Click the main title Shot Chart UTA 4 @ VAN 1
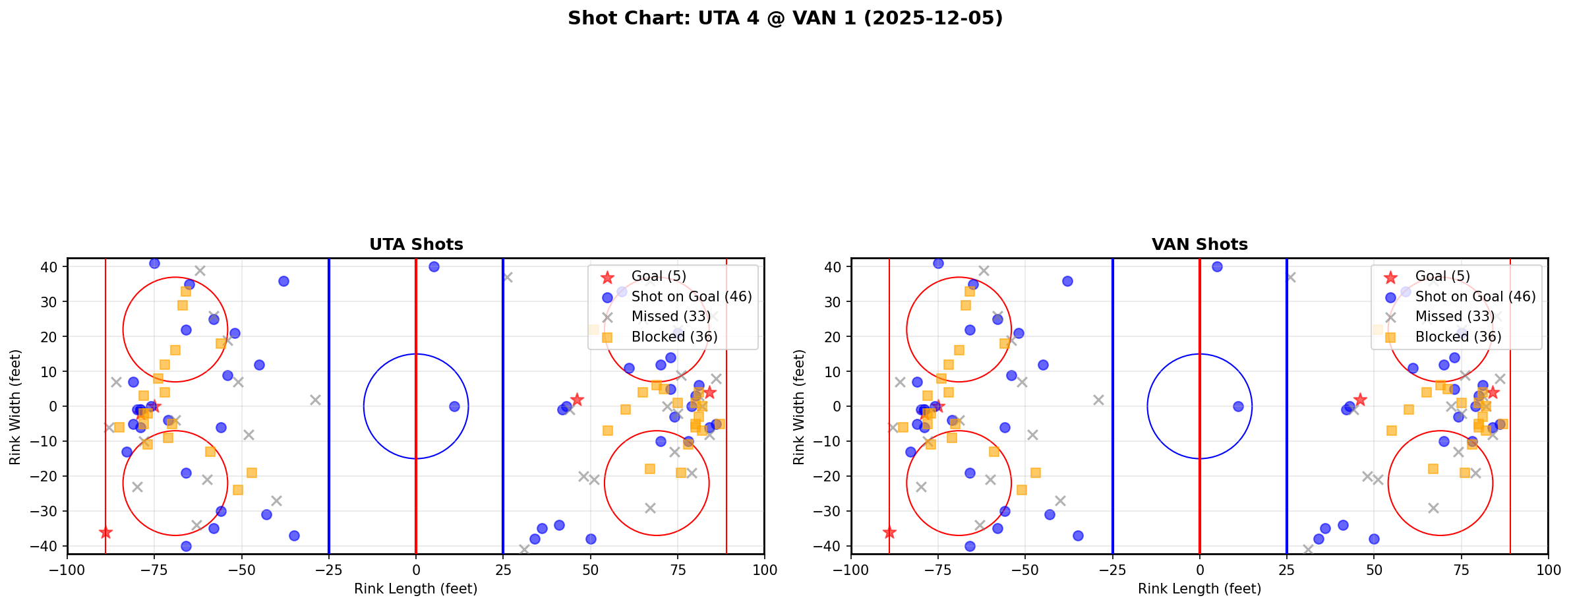pyautogui.click(x=785, y=18)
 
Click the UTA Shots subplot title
pyautogui.click(x=416, y=245)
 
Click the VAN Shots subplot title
pyautogui.click(x=1199, y=245)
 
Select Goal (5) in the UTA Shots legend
pyautogui.click(x=659, y=276)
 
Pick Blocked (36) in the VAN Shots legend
pyautogui.click(x=1458, y=337)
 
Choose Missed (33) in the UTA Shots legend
pyautogui.click(x=670, y=317)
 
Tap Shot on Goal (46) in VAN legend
pyautogui.click(x=1475, y=297)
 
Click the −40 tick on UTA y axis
pyautogui.click(x=50, y=546)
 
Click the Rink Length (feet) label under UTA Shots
pyautogui.click(x=415, y=589)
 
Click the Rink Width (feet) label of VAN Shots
pyautogui.click(x=799, y=407)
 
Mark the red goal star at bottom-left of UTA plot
pyautogui.click(x=105, y=532)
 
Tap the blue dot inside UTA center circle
pyautogui.click(x=454, y=406)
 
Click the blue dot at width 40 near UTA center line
pyautogui.click(x=434, y=267)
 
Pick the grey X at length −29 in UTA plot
pyautogui.click(x=315, y=400)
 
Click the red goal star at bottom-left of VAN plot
pyautogui.click(x=889, y=532)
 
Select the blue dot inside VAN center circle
pyautogui.click(x=1238, y=406)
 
